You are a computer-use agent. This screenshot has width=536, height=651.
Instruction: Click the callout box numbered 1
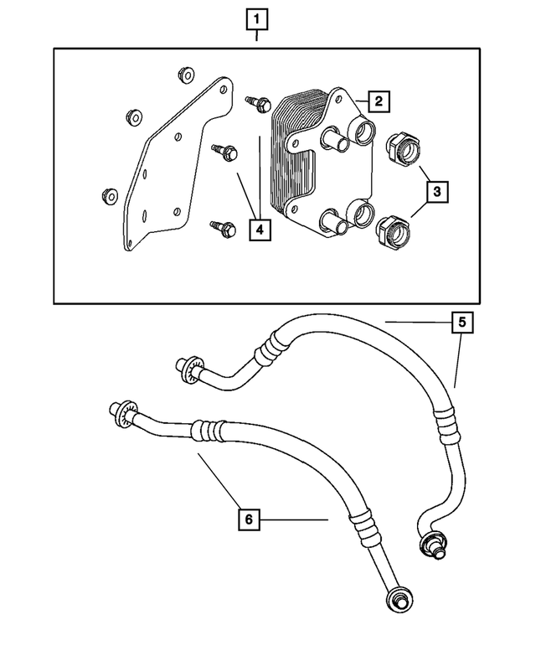(257, 18)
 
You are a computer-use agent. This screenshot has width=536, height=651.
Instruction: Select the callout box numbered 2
(379, 102)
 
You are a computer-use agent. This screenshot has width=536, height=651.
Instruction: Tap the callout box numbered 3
(435, 192)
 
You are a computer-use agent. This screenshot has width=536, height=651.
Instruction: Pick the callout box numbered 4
(260, 228)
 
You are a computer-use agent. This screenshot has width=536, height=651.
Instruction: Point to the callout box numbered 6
(248, 519)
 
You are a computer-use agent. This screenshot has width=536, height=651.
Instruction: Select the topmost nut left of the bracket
(185, 75)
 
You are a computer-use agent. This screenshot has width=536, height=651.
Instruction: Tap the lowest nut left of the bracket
(106, 197)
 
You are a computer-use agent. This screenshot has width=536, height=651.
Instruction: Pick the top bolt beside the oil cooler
(257, 104)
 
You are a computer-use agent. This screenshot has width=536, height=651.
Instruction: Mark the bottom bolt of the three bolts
(222, 226)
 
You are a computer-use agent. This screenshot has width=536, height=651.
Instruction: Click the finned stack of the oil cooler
(289, 159)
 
